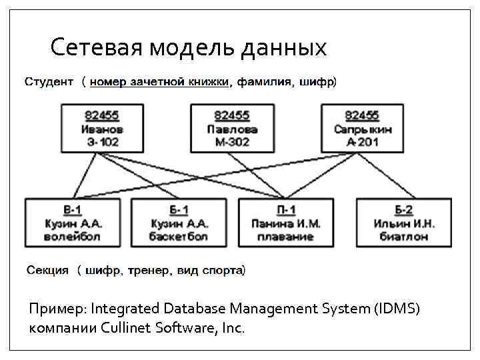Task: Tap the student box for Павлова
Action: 231,128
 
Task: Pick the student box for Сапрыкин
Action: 363,128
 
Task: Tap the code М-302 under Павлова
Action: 231,141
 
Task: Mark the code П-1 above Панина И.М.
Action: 286,211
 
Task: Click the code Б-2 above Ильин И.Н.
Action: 403,211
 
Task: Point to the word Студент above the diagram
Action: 49,83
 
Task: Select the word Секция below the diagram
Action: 47,271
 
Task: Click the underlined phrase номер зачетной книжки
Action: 160,83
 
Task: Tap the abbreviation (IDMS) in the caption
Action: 398,309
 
